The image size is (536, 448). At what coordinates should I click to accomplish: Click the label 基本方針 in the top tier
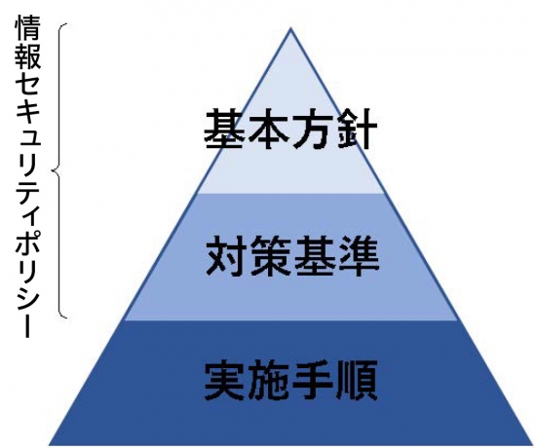290,129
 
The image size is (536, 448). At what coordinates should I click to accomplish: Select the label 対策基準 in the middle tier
292,256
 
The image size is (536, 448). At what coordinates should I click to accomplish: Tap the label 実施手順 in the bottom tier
290,381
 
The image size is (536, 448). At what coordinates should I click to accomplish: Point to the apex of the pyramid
290,28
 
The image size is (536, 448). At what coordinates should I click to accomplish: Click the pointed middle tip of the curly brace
53,169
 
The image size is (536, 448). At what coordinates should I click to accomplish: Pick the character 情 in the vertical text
28,27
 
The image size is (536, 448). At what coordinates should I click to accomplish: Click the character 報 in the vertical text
28,56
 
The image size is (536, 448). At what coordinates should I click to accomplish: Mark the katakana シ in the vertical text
28,298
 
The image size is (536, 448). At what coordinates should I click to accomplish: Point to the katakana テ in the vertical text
28,190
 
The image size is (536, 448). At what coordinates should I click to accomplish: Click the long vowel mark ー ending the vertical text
28,324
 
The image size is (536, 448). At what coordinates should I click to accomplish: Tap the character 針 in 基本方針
357,130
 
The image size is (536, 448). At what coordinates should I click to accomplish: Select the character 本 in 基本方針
268,130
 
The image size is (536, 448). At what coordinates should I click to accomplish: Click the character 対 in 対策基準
226,256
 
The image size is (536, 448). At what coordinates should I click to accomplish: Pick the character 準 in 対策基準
359,256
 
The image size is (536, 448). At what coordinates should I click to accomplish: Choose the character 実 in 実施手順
224,381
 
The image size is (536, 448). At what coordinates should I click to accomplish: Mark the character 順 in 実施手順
358,381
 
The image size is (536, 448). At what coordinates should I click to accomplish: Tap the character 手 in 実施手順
313,381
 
